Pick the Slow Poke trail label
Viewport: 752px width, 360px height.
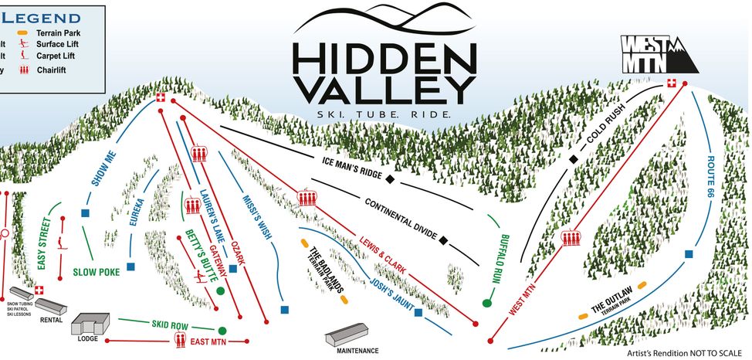pos(97,272)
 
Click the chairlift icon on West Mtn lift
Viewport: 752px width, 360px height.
pos(571,238)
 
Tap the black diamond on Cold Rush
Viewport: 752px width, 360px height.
pos(574,159)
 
